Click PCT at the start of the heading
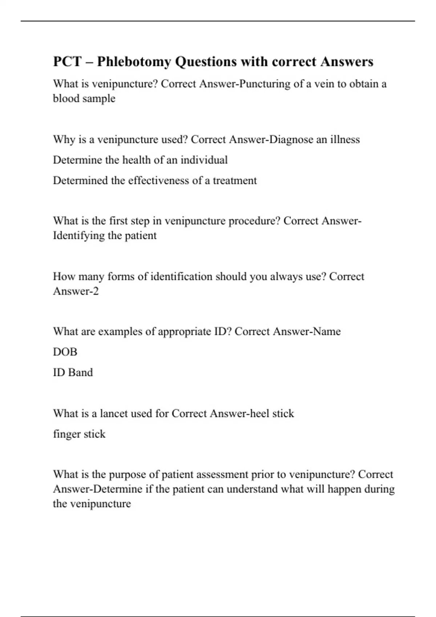pyautogui.click(x=68, y=62)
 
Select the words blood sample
pyautogui.click(x=84, y=99)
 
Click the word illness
pyautogui.click(x=345, y=140)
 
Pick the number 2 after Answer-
pyautogui.click(x=96, y=291)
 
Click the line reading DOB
pyautogui.click(x=65, y=352)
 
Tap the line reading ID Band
pyautogui.click(x=73, y=372)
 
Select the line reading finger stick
pyautogui.click(x=79, y=434)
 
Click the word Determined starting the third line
pyautogui.click(x=80, y=181)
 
